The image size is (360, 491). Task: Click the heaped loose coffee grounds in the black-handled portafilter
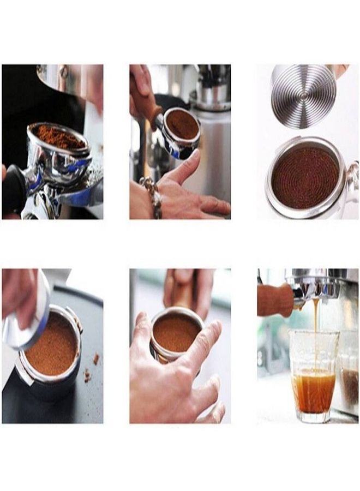[x=59, y=136]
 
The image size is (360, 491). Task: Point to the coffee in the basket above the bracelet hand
[x=182, y=124]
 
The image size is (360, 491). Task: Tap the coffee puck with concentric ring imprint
[x=305, y=177]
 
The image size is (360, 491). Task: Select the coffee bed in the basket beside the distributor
[x=52, y=344]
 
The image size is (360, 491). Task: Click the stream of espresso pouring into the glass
[x=316, y=327]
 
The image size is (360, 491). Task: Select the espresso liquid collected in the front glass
[x=314, y=390]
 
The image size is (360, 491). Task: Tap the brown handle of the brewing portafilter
[x=275, y=300]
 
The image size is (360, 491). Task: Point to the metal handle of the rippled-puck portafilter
[x=352, y=183]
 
